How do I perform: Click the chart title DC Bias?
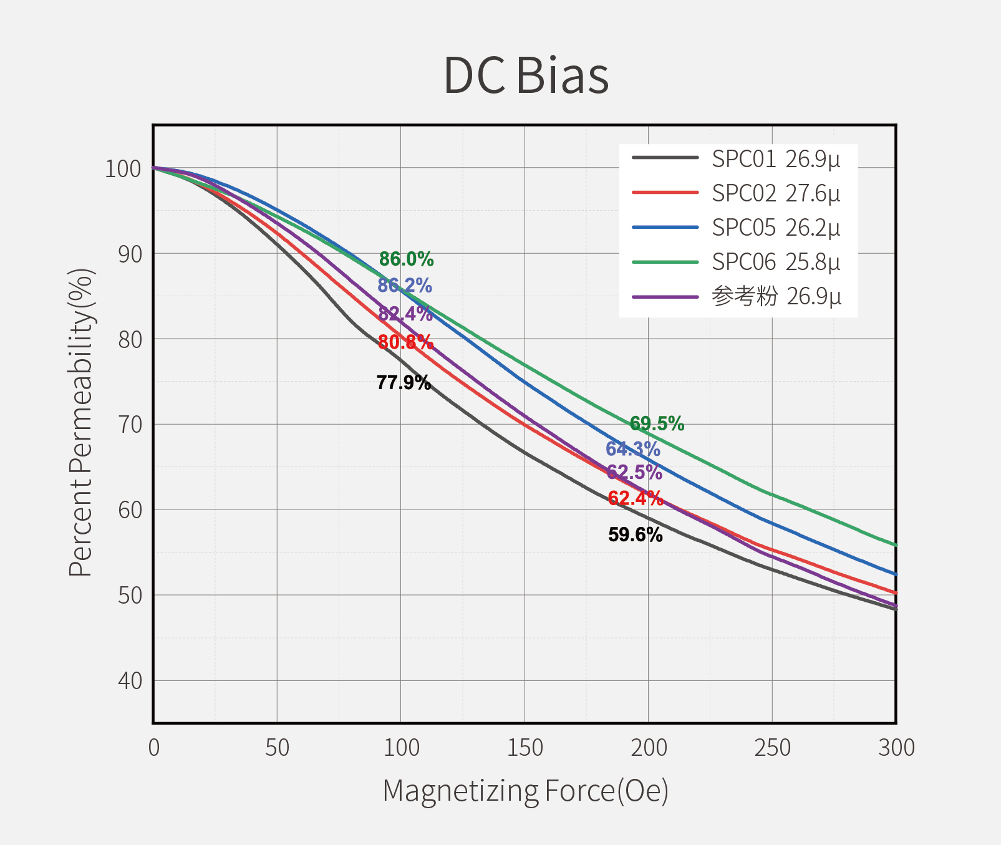pos(526,75)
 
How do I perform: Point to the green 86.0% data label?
pos(406,259)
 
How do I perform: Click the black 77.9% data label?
pos(404,382)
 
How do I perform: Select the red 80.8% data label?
pos(405,342)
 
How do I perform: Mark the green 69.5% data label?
pos(657,423)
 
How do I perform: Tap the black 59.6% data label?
pos(635,534)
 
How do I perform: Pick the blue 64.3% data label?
pos(632,448)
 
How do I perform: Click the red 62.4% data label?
pos(635,498)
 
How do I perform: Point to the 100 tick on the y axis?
pos(123,168)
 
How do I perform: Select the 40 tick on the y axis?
pos(130,681)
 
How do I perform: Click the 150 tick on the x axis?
pos(525,747)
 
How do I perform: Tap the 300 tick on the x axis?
pos(896,747)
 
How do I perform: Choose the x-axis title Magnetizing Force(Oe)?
pos(525,791)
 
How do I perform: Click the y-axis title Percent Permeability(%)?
pos(81,423)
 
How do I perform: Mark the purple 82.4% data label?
pos(405,314)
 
